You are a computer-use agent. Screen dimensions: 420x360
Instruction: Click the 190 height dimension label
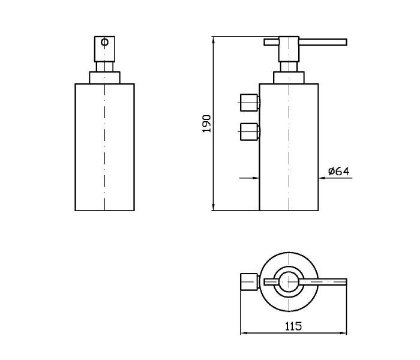click(x=207, y=124)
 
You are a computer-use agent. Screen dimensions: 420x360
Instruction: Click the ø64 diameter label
click(x=339, y=171)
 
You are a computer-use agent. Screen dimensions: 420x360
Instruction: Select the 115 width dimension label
click(x=293, y=326)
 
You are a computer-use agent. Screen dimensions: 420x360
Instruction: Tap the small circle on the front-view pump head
click(x=105, y=43)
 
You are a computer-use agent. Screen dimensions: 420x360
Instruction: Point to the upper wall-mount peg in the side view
click(x=250, y=103)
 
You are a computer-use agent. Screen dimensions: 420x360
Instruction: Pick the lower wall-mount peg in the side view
click(x=250, y=131)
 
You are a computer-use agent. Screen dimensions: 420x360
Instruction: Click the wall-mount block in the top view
click(x=249, y=282)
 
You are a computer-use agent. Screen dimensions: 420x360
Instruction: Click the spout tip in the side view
click(x=346, y=42)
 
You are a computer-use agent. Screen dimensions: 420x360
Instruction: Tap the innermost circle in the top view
click(x=289, y=282)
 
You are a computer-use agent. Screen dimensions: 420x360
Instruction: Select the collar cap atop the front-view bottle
click(x=104, y=77)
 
